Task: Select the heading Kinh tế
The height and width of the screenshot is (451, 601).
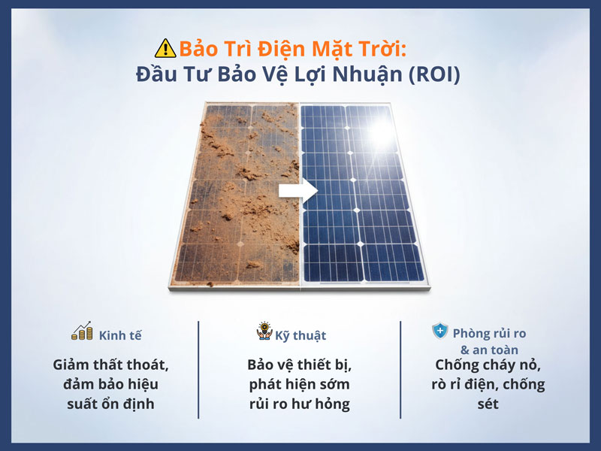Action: [119, 335]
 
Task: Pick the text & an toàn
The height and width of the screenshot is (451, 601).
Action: [489, 350]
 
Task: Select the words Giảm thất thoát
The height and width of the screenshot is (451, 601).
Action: [110, 365]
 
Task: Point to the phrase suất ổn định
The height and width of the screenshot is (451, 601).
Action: [110, 404]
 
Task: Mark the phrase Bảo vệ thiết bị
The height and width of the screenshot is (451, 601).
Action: [299, 365]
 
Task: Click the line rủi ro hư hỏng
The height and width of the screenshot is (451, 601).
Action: [299, 404]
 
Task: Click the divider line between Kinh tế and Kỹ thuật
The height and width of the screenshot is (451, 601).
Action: [199, 370]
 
